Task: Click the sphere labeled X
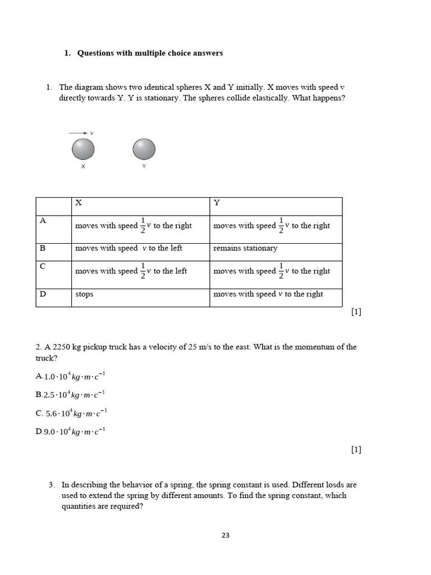83,149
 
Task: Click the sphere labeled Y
144,149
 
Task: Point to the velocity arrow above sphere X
77,133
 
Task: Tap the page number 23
226,535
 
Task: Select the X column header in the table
79,203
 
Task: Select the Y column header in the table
217,203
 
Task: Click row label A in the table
43,221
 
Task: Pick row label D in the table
43,294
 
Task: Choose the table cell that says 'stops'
84,294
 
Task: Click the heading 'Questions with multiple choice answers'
150,53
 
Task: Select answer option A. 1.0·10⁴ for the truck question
70,376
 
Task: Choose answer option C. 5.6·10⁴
71,413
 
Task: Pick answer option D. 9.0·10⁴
70,432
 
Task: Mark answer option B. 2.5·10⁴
70,395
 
